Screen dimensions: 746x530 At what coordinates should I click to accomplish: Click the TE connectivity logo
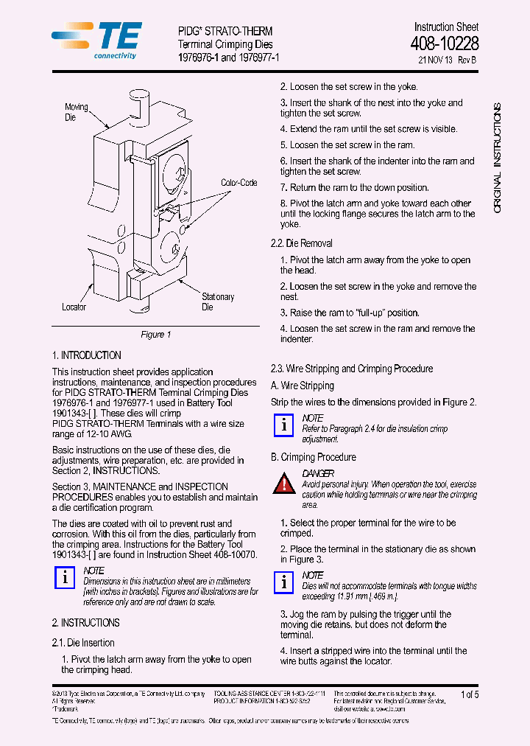click(x=97, y=39)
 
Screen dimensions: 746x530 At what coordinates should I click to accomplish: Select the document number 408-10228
click(x=444, y=44)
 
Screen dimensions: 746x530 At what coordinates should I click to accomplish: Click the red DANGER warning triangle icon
click(x=284, y=484)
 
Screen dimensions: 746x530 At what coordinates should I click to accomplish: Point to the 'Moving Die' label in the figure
click(x=76, y=112)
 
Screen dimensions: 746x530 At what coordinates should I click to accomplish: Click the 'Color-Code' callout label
click(x=239, y=182)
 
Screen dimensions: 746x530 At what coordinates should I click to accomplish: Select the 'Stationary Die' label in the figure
click(x=217, y=301)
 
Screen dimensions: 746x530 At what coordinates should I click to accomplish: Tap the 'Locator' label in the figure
click(x=74, y=307)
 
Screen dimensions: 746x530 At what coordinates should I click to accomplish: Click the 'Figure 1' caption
click(x=155, y=335)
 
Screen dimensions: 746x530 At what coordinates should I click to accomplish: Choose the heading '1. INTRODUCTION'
click(x=86, y=355)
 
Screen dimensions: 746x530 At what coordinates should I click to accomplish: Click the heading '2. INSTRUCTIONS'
click(x=85, y=623)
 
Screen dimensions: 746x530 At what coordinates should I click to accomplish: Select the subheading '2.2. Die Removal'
click(x=301, y=243)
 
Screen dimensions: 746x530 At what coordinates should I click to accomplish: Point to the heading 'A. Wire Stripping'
click(x=302, y=386)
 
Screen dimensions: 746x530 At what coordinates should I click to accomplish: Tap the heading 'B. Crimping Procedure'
click(x=313, y=457)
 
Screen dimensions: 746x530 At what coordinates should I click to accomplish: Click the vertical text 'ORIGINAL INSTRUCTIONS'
click(x=497, y=158)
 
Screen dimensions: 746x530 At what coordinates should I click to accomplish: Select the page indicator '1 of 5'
click(x=469, y=694)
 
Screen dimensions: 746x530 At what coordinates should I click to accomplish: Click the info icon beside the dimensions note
click(x=65, y=579)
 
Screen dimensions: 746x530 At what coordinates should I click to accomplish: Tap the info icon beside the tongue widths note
click(x=284, y=582)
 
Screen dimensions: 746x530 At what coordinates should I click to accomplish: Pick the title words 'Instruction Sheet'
click(x=445, y=27)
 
